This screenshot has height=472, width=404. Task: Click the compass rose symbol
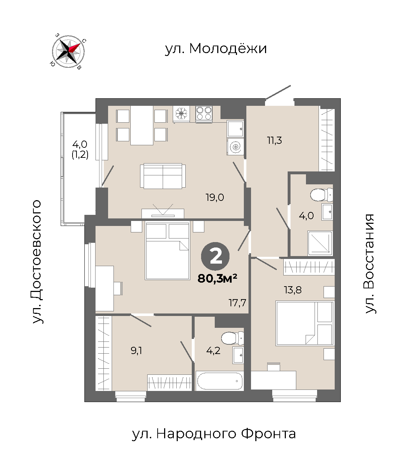[68, 51]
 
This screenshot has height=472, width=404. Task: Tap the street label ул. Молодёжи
[215, 48]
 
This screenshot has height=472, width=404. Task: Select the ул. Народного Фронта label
[214, 434]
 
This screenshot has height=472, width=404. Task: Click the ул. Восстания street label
[369, 264]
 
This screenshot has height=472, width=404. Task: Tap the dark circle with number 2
[215, 256]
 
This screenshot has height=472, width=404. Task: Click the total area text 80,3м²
[217, 278]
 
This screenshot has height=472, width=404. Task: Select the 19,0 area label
[215, 198]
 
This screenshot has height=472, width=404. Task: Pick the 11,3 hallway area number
[274, 140]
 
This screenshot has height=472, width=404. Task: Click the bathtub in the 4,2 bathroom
[219, 381]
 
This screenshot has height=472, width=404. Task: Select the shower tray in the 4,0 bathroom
[320, 243]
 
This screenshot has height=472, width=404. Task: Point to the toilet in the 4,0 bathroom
[321, 195]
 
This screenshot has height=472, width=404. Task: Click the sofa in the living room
[163, 176]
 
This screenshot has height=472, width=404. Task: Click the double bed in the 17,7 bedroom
[167, 250]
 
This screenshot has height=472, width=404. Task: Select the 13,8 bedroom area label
[293, 290]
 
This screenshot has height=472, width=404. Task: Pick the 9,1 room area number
[136, 350]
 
